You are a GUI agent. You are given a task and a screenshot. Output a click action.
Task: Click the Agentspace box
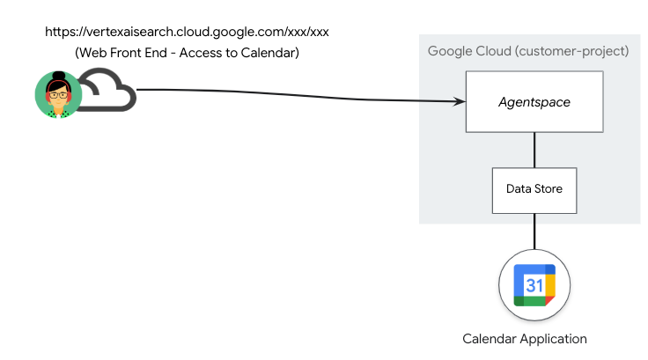[x=534, y=102]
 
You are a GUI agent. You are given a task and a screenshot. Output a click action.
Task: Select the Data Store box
[x=534, y=189]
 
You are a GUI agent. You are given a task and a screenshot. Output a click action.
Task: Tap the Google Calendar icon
[x=534, y=285]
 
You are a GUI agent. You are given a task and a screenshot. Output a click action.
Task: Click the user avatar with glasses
[x=57, y=93]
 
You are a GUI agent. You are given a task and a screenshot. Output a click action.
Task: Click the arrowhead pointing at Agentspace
[x=460, y=102]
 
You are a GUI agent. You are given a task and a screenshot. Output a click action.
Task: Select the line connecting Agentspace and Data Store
[x=534, y=150]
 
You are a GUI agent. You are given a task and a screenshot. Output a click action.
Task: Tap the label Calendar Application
[x=525, y=339]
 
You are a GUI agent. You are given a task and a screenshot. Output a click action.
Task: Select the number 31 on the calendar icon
[x=534, y=284]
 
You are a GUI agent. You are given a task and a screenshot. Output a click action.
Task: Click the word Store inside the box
[x=548, y=189]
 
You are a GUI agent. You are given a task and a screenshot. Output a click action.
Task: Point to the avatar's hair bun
[x=57, y=75]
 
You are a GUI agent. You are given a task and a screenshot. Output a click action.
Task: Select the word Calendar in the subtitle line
[x=269, y=53]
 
